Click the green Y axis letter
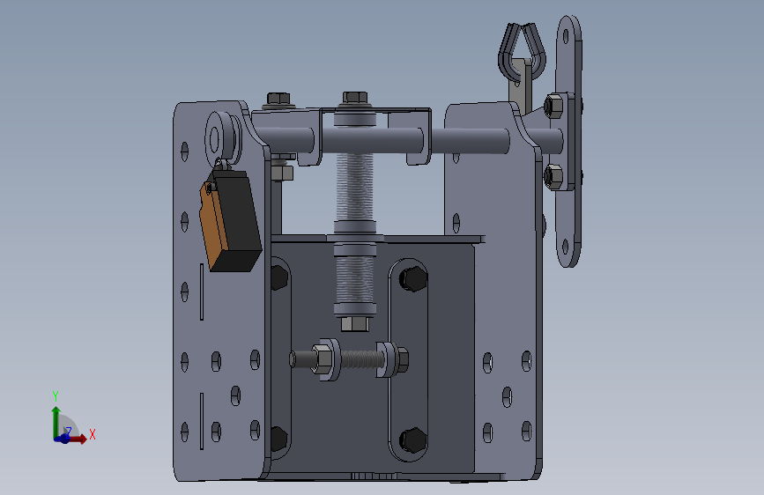[x=55, y=395]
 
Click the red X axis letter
[x=93, y=434]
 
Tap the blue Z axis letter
[x=69, y=432]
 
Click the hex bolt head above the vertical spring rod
[x=355, y=98]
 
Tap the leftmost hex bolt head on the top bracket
[x=278, y=99]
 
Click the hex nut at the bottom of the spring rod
[x=355, y=324]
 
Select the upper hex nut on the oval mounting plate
[x=553, y=107]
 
